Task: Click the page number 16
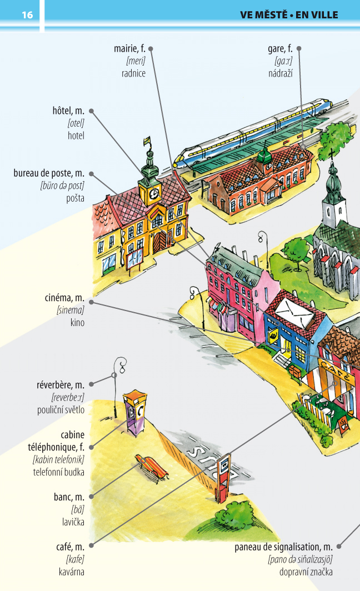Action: (x=27, y=14)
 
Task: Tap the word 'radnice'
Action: (x=133, y=73)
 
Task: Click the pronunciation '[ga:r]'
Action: (x=283, y=61)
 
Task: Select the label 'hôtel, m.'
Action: (x=68, y=111)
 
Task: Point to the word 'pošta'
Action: (x=76, y=198)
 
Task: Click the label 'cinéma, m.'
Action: (x=64, y=298)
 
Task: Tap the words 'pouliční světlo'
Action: (x=61, y=410)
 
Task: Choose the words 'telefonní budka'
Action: (x=58, y=472)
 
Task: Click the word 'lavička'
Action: (x=73, y=522)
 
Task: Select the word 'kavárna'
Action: (x=71, y=572)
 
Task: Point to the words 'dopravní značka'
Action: (x=306, y=572)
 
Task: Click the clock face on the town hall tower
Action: (x=153, y=194)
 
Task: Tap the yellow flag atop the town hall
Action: (x=147, y=141)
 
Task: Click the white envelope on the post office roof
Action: (x=294, y=311)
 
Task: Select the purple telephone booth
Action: (x=135, y=413)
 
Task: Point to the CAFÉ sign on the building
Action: (x=336, y=370)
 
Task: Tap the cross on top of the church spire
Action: (x=332, y=154)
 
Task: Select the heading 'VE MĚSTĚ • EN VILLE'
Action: (x=289, y=14)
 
